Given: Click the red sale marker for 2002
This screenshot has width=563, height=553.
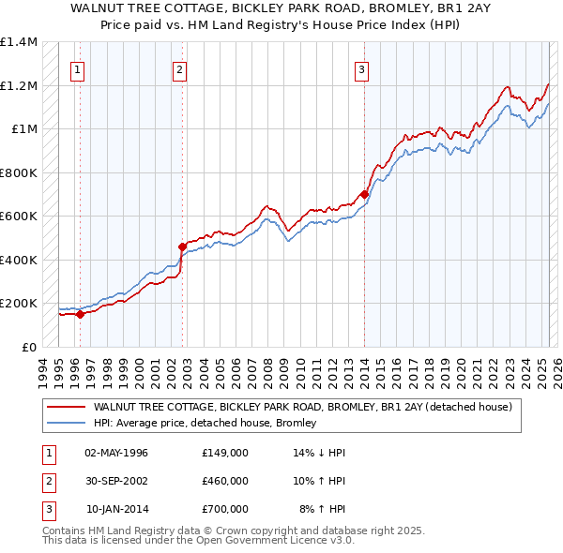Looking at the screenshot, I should (x=183, y=247).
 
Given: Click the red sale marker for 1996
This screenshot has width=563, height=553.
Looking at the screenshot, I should (x=81, y=314).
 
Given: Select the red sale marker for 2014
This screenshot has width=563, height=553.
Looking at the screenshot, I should (x=364, y=195).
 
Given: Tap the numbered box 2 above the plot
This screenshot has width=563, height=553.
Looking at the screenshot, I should (x=178, y=67).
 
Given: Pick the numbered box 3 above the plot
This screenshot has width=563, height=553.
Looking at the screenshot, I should (x=361, y=67).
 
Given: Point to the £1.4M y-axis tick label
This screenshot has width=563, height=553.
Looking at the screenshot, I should (x=19, y=42).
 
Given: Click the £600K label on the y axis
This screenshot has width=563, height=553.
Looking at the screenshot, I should (x=19, y=217).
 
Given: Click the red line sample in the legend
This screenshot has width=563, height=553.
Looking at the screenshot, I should (x=66, y=408).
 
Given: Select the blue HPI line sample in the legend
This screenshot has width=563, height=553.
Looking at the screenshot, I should (x=66, y=424).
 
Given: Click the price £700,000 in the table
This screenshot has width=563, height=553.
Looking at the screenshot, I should (x=225, y=509).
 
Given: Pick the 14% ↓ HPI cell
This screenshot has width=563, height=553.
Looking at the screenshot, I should (x=320, y=453).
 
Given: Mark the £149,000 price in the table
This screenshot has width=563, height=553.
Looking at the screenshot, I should (x=225, y=453).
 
